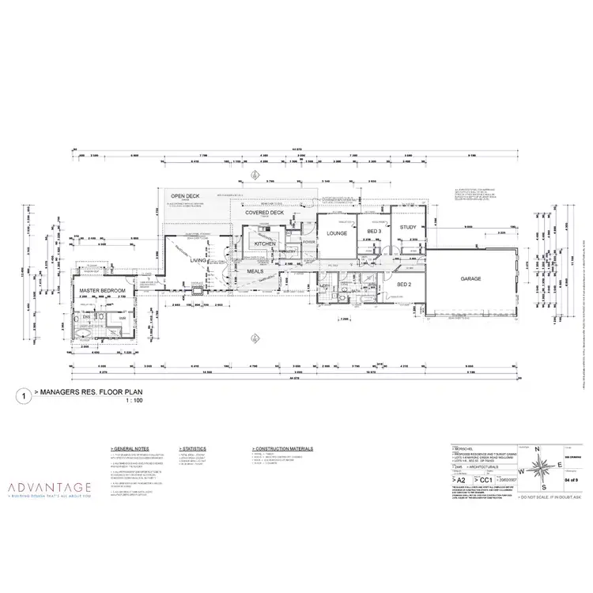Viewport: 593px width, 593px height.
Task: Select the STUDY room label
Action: tap(408, 228)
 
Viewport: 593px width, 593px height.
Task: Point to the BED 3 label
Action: tap(376, 231)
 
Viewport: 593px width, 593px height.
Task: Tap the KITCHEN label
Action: tap(264, 244)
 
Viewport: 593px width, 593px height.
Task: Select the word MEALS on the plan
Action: tap(255, 270)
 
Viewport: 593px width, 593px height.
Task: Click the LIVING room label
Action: tap(198, 259)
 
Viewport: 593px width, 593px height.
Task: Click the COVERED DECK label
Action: tap(264, 213)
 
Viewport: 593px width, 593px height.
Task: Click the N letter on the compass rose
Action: tap(537, 448)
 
